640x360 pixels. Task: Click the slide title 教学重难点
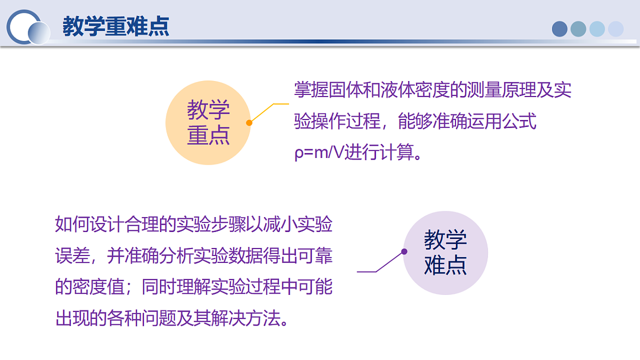[116, 27]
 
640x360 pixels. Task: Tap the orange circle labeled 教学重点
[208, 123]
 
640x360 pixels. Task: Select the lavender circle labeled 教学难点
[445, 253]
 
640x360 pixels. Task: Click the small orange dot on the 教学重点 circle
[249, 123]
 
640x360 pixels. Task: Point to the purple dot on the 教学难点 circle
[404, 252]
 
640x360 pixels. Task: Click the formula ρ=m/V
[319, 153]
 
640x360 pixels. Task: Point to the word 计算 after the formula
[397, 153]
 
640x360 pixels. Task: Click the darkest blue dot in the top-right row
[559, 29]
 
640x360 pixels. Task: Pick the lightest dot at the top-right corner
[615, 29]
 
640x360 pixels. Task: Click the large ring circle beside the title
[23, 27]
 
